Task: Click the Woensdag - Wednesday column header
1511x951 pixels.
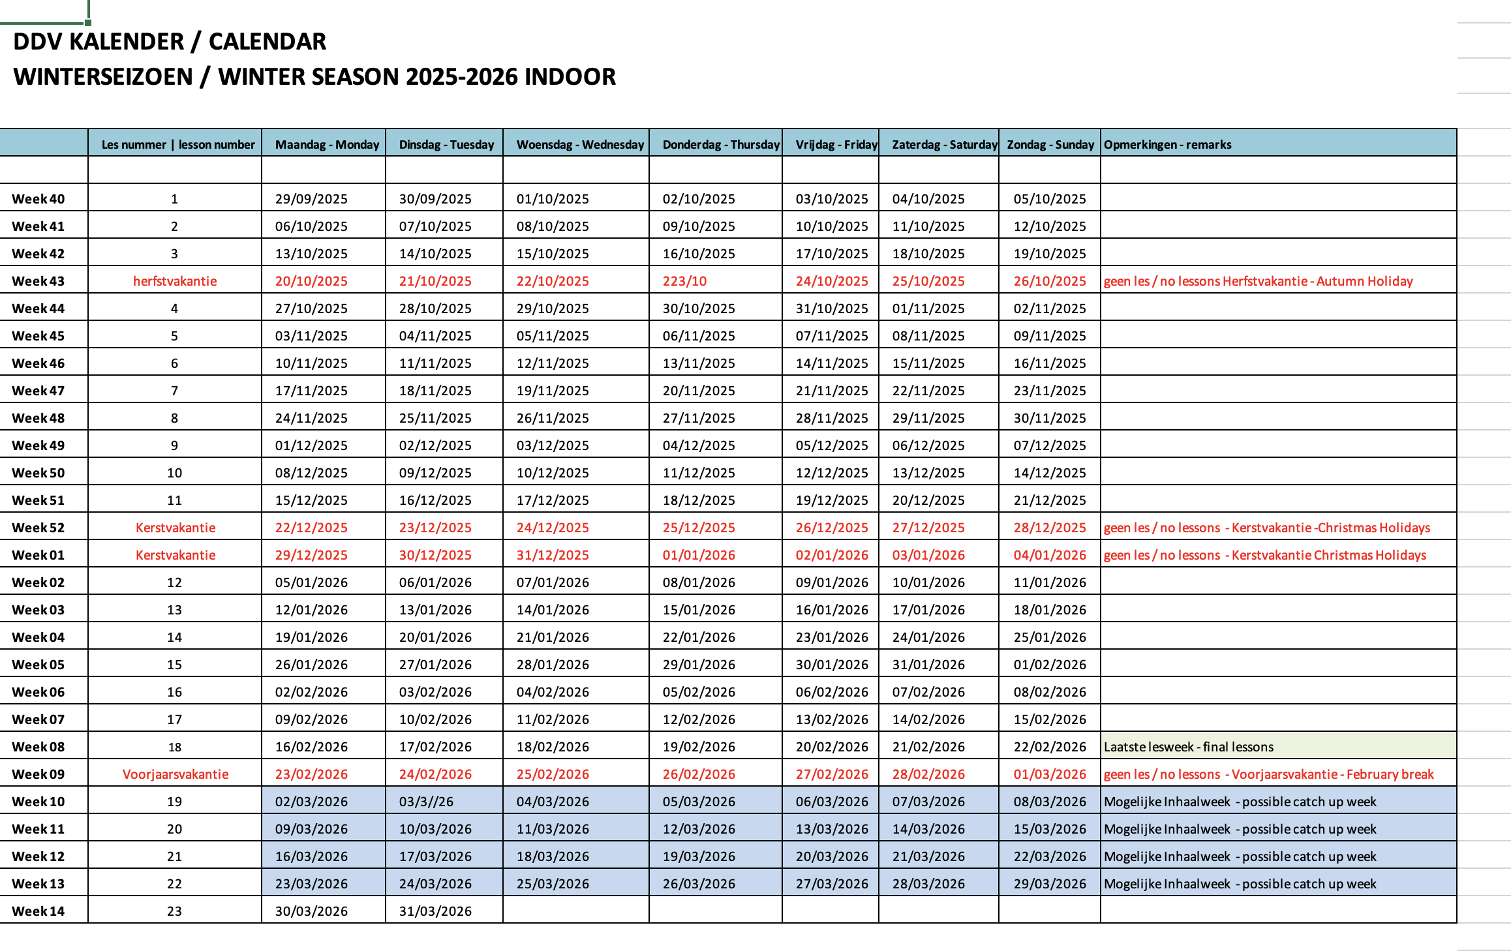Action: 580,144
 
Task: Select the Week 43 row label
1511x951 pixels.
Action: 38,281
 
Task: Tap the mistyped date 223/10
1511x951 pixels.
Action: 684,281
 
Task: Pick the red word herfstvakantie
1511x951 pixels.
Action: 175,281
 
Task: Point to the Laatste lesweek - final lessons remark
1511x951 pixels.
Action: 1188,747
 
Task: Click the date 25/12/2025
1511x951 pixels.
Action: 699,528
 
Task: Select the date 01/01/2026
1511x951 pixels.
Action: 699,555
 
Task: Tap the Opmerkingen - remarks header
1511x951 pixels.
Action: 1167,144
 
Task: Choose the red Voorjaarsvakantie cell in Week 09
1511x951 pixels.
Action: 176,774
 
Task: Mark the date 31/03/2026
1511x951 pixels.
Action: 435,911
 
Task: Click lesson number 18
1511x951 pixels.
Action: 174,747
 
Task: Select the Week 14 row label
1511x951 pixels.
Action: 38,911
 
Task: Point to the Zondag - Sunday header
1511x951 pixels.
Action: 1050,144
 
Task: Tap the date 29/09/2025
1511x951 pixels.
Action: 311,199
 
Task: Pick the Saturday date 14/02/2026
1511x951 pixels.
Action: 928,719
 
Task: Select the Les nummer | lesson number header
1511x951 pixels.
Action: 178,144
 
